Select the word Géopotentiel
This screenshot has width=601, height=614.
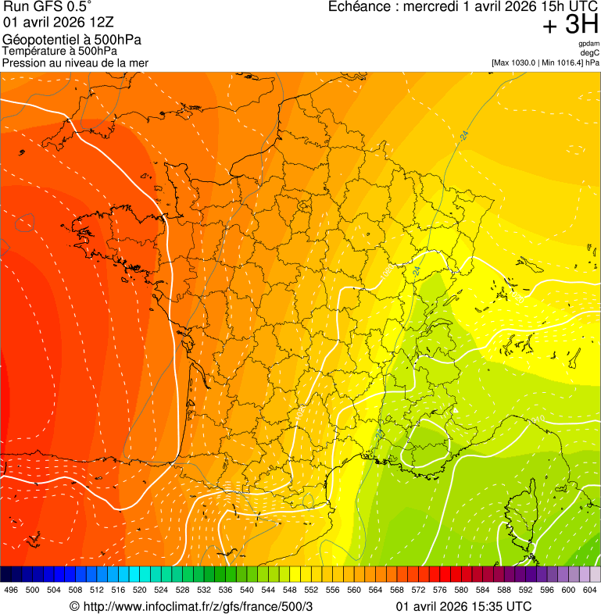point(40,40)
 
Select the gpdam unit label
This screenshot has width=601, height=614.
point(588,44)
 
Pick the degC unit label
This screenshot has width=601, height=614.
point(590,52)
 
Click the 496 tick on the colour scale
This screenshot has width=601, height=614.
point(11,590)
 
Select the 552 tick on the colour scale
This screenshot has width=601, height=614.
point(310,590)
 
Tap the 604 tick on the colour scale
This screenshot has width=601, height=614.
point(589,590)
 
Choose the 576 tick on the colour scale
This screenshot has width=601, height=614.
point(439,590)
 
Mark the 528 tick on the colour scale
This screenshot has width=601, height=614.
point(182,590)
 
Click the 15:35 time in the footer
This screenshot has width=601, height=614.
point(483,606)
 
